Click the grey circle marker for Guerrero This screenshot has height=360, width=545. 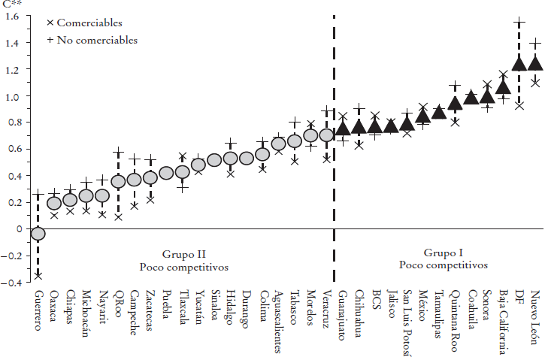(38, 234)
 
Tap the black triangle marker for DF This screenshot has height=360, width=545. (519, 64)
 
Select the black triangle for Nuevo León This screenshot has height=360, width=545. (535, 63)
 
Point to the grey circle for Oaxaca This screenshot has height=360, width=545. (54, 203)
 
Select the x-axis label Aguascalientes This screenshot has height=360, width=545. (278, 321)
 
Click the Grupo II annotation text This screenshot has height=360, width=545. (183, 255)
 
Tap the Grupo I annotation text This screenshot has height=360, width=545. (444, 254)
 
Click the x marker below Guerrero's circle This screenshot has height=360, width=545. (38, 276)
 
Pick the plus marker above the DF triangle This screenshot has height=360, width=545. (519, 23)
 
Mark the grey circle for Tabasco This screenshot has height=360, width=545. (295, 141)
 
